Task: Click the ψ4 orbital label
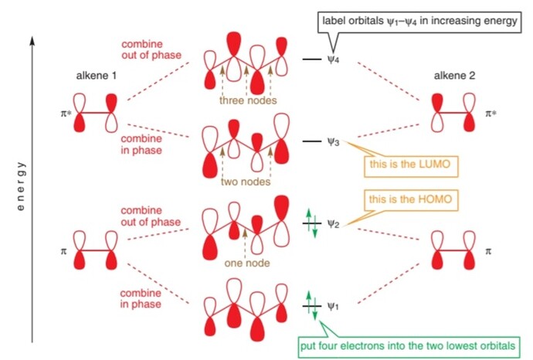point(333,59)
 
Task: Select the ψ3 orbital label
point(333,142)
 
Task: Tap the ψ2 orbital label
point(333,224)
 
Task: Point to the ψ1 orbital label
point(333,307)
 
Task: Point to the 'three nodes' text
point(244,100)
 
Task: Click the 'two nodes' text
point(244,182)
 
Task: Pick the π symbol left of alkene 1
point(63,250)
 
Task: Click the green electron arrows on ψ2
point(309,224)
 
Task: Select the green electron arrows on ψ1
point(309,307)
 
